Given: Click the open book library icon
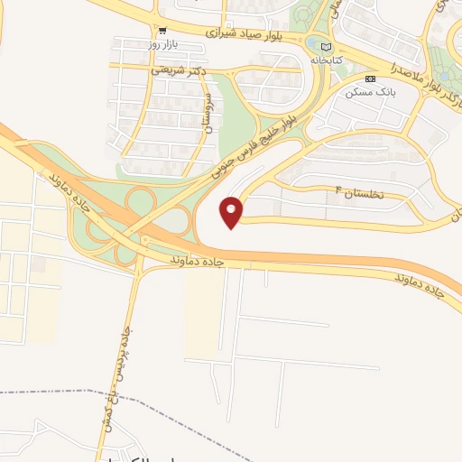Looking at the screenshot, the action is (x=326, y=46).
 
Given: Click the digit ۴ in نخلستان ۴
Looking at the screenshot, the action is (x=338, y=189).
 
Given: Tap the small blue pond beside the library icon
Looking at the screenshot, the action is (x=312, y=43).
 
